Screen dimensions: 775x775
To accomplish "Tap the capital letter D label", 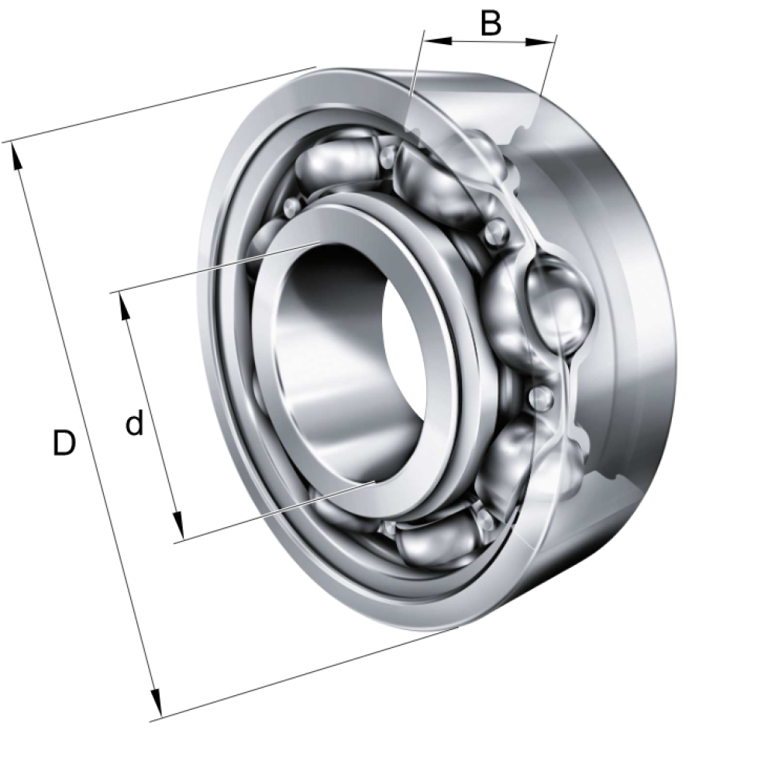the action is [x=64, y=443].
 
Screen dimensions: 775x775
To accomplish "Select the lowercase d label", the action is [x=134, y=422].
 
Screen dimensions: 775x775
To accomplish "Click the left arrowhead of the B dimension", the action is [x=438, y=41].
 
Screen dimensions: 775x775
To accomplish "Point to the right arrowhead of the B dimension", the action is [x=540, y=42].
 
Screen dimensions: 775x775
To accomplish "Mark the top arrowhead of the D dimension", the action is [x=16, y=157].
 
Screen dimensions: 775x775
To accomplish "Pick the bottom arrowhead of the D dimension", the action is [x=156, y=702].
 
